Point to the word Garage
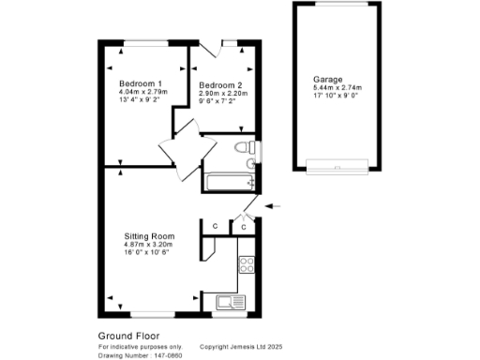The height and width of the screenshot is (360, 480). (x=329, y=80)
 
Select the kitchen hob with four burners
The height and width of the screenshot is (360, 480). (x=247, y=266)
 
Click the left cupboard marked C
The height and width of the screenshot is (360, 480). (x=215, y=226)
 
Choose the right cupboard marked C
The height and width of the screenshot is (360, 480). (x=243, y=226)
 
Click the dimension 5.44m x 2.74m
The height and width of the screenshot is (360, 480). (x=336, y=89)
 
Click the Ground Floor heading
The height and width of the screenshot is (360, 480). (x=128, y=335)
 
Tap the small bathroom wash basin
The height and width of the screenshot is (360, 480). (x=251, y=164)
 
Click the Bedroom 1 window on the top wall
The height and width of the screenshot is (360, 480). (x=143, y=42)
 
